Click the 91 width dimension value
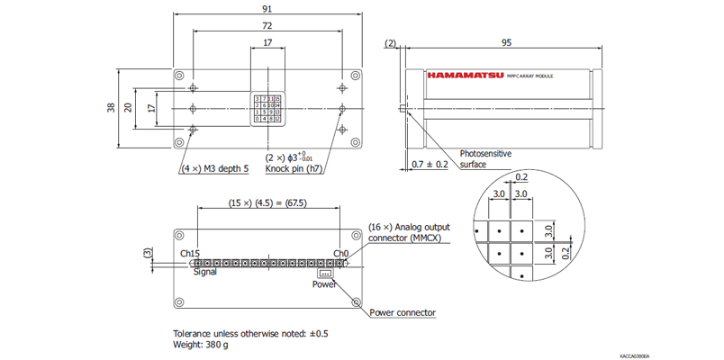(267, 8)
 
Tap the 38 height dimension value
(111, 108)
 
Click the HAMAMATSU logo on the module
(466, 76)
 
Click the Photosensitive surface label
(486, 159)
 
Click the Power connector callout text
(403, 313)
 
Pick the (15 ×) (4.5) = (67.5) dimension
(267, 203)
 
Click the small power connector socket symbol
(325, 273)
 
